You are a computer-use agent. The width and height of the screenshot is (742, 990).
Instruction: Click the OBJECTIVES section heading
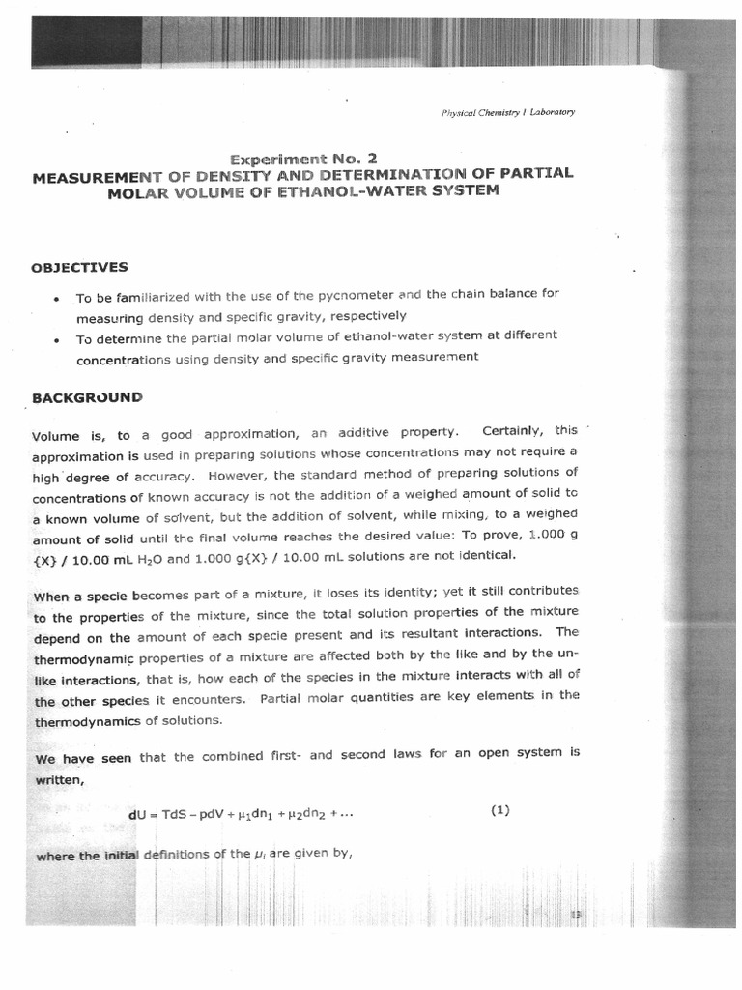tap(80, 267)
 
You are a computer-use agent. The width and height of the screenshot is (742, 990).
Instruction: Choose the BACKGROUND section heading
tap(87, 396)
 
